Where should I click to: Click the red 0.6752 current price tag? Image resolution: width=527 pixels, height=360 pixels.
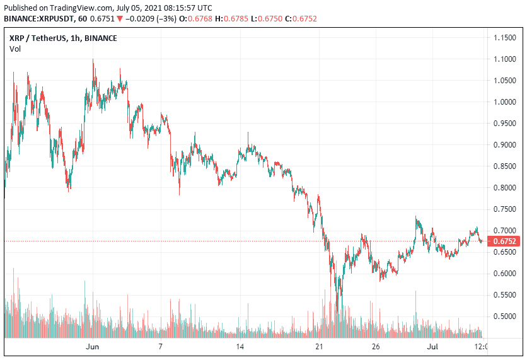506,241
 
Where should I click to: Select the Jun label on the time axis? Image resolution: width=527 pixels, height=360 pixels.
92,347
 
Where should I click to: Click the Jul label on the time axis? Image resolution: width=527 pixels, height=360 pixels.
432,347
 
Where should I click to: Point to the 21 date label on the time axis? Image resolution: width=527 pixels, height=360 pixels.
319,347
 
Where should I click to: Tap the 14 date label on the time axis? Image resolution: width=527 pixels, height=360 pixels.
240,347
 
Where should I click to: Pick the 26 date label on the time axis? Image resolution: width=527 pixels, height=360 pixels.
376,347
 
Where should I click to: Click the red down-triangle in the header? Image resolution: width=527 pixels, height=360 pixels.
119,19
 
